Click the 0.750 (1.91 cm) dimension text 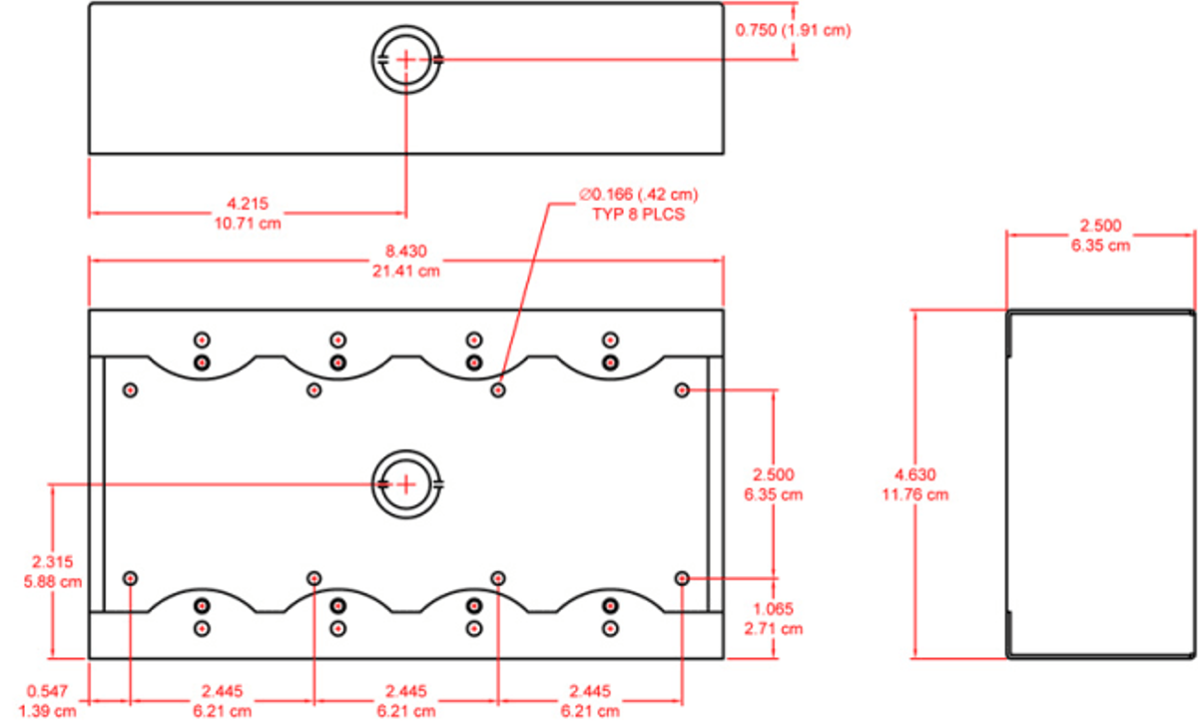(793, 30)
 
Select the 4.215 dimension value (248, 204)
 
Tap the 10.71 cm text (248, 224)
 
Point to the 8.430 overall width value (406, 252)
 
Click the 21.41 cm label (406, 272)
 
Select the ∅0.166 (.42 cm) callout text (639, 194)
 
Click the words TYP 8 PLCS (639, 215)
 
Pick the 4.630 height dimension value (915, 475)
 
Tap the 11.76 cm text (915, 494)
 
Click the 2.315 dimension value (52, 562)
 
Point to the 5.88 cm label (52, 582)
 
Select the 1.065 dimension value (774, 609)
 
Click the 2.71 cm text (774, 629)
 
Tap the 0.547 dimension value (47, 691)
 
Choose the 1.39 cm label (47, 712)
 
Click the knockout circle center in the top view (406, 59)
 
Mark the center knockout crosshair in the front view (406, 484)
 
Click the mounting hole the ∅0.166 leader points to (498, 390)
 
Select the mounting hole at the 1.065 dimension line (682, 578)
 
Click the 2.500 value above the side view (1100, 226)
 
